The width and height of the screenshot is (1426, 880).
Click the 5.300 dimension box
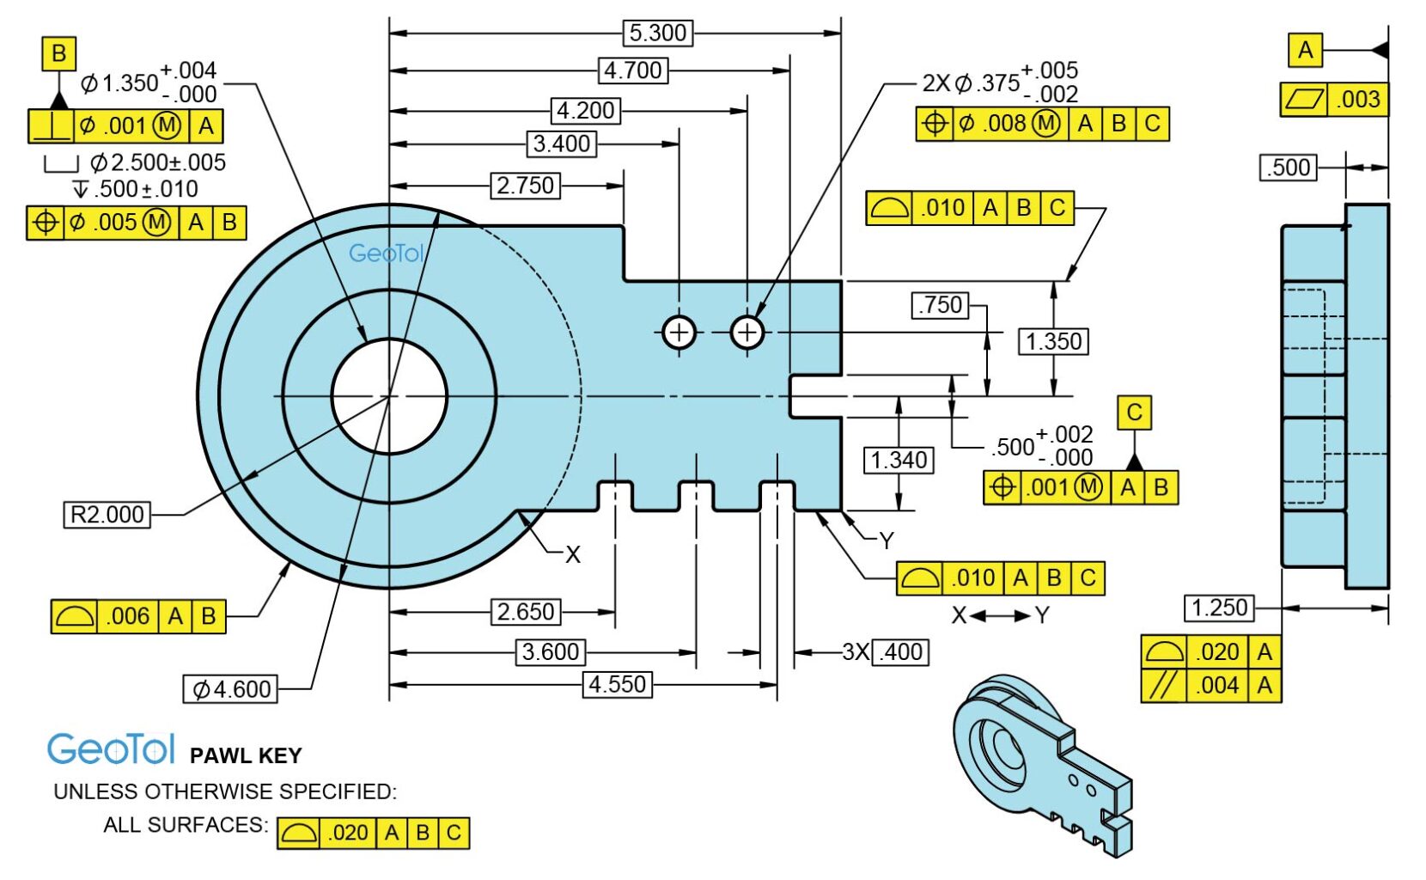coord(658,34)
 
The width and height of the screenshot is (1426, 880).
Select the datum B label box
coord(58,53)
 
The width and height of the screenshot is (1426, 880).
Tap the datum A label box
coord(1305,50)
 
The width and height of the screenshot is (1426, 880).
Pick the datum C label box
coord(1134,412)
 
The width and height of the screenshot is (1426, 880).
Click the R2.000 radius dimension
coord(107,515)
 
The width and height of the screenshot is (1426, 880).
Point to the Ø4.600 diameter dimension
coord(230,689)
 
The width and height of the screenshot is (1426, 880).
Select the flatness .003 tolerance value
coord(1357,100)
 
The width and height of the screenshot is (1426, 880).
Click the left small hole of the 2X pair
coord(679,333)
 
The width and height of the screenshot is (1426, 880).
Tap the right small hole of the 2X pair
coord(747,333)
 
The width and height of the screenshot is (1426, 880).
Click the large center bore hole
coord(390,396)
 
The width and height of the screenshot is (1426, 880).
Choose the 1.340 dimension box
coord(899,460)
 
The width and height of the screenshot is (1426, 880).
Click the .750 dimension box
coord(941,305)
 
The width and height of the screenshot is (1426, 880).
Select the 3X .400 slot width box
coord(900,652)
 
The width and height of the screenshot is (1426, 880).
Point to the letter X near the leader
coord(573,555)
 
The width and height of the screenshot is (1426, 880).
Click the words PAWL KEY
coord(246,756)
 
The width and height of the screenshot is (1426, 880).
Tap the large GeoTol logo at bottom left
coord(111,749)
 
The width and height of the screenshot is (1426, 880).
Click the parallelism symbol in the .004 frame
coord(1163,686)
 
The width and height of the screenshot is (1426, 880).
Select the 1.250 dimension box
coord(1219,608)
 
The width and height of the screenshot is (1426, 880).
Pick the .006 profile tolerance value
coord(127,616)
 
